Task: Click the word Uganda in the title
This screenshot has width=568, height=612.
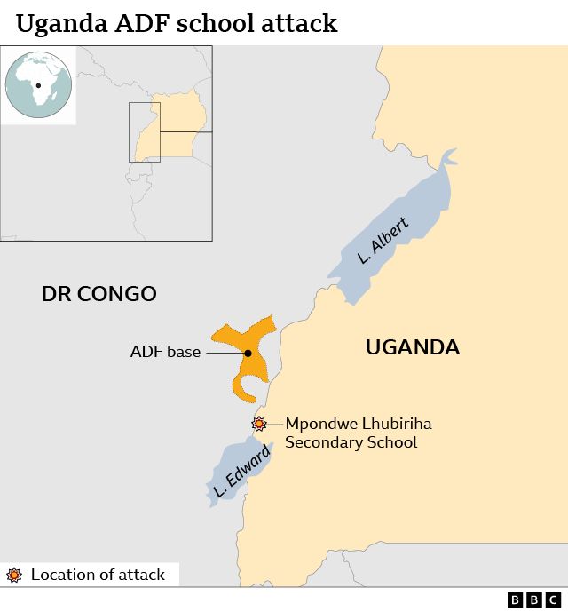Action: tap(59, 23)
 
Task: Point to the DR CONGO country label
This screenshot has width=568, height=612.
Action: tap(99, 294)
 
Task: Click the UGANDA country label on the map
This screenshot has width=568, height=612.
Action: tap(413, 347)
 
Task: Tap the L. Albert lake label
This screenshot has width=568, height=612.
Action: tap(383, 241)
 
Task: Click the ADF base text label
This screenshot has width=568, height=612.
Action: tap(165, 353)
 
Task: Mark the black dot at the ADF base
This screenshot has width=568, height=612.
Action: tap(248, 354)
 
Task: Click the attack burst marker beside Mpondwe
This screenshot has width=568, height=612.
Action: tap(259, 424)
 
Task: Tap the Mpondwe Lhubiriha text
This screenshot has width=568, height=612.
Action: tap(358, 424)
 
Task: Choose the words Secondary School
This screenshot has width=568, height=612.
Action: tap(351, 442)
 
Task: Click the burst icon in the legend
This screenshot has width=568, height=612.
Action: tap(14, 575)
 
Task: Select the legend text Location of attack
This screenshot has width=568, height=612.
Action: tap(98, 575)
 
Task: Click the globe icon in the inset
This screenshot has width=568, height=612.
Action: tap(39, 85)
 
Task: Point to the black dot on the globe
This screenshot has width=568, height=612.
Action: tap(39, 86)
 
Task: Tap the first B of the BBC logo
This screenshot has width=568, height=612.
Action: tap(516, 600)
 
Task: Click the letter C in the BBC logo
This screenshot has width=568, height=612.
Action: tap(553, 600)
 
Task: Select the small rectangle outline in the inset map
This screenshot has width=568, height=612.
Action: tap(144, 131)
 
